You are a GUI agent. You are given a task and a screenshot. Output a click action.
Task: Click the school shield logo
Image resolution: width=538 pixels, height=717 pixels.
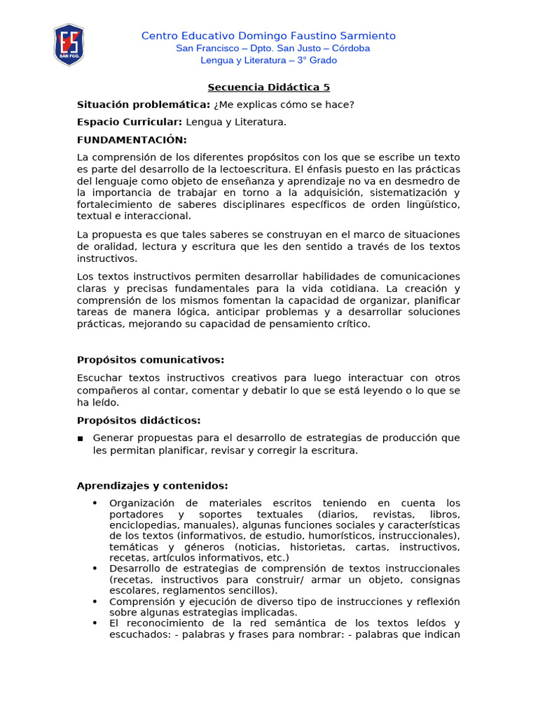(69, 45)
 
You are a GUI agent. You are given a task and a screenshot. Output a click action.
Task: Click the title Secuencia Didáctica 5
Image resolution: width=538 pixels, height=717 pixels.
(268, 88)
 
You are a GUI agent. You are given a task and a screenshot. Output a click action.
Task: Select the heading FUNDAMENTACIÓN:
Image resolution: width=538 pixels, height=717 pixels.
(132, 140)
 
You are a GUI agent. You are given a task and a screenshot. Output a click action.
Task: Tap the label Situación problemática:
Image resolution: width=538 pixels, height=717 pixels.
(143, 105)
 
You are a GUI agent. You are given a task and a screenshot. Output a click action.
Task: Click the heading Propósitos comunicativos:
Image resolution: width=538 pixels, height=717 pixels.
(150, 360)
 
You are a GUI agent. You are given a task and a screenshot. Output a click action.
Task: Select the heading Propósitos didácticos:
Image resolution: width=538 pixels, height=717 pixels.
(138, 420)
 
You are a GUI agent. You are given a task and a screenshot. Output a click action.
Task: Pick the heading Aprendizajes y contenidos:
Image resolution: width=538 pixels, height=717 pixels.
(152, 486)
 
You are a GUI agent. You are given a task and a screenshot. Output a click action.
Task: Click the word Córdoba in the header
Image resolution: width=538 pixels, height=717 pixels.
(348, 48)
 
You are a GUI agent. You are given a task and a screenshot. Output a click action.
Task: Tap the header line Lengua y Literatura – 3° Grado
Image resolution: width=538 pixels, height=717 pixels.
(268, 60)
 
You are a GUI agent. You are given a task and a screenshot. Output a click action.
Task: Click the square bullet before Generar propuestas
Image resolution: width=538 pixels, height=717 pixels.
(81, 438)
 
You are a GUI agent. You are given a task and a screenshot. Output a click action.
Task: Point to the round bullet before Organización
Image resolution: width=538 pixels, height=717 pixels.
(95, 503)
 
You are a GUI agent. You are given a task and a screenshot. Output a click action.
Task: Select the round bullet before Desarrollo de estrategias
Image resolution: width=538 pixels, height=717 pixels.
(95, 569)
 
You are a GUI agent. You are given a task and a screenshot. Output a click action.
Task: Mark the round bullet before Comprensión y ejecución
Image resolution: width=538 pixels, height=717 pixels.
(95, 601)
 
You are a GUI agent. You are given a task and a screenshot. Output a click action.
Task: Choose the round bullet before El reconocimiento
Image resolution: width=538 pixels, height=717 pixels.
(95, 623)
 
